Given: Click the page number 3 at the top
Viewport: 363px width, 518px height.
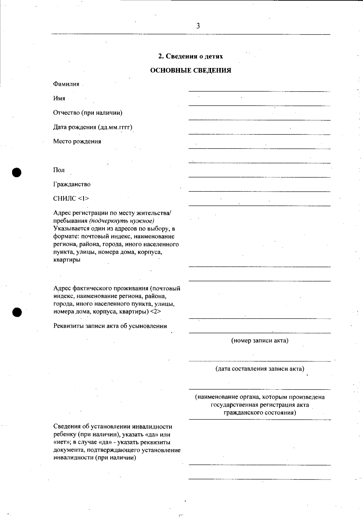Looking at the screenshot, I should click(x=198, y=26).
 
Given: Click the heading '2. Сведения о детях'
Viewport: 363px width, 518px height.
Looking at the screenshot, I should click(x=191, y=57).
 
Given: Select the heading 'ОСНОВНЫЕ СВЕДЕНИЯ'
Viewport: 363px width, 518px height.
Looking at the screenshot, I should click(x=191, y=71).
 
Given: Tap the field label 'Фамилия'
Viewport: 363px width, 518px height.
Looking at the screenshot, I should click(x=66, y=84).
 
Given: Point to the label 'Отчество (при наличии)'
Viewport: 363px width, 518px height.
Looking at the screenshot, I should click(x=88, y=113).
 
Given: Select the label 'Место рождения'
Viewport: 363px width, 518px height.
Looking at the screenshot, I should click(x=77, y=141).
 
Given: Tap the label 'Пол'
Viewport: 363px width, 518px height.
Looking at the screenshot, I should click(x=59, y=170).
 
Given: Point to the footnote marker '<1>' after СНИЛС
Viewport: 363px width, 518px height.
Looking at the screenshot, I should click(x=83, y=199).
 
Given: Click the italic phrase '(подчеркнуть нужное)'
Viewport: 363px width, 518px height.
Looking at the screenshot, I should click(x=122, y=221).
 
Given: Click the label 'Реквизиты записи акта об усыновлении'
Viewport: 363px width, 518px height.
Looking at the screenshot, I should click(x=110, y=326).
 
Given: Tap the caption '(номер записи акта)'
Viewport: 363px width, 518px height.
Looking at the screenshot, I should click(x=260, y=341).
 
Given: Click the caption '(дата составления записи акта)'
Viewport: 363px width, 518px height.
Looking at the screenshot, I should click(x=260, y=369).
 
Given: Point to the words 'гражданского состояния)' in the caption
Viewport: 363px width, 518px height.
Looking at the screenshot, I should click(x=260, y=413).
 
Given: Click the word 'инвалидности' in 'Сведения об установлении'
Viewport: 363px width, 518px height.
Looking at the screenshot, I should click(x=152, y=427).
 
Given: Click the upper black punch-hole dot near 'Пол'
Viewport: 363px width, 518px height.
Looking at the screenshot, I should click(x=17, y=172).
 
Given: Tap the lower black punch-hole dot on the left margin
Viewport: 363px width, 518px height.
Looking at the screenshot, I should click(x=17, y=312).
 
